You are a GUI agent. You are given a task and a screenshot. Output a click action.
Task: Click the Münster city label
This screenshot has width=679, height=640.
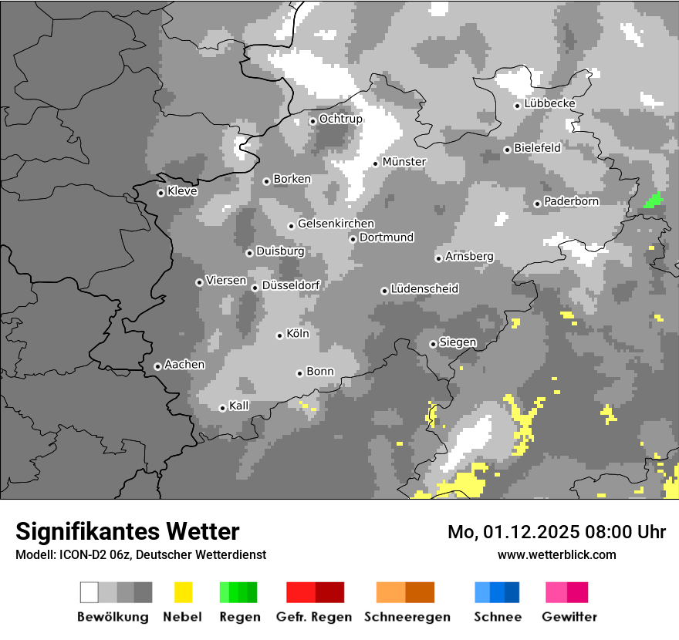coord(404,162)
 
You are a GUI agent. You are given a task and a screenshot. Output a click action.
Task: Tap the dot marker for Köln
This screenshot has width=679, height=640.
coord(280,335)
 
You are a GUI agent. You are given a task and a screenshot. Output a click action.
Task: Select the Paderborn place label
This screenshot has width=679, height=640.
coord(571,201)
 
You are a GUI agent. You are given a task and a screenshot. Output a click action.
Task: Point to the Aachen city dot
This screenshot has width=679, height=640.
coord(157,366)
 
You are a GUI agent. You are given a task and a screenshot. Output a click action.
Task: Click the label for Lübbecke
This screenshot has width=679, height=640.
coord(549,103)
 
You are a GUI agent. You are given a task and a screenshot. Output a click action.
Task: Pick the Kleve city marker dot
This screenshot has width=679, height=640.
coord(160,193)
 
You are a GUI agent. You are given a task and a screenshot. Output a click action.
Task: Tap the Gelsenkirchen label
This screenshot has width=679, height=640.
coord(336,224)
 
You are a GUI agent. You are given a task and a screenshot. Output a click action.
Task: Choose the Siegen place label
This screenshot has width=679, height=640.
coord(458,342)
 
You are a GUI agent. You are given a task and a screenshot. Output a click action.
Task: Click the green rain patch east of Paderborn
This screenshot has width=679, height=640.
coord(654,200)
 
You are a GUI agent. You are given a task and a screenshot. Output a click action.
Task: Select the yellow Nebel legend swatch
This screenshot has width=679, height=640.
coord(183,592)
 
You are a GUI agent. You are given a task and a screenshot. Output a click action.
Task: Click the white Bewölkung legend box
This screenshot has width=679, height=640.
coord(89,592)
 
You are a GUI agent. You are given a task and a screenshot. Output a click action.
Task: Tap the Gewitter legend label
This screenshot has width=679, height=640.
coord(569,617)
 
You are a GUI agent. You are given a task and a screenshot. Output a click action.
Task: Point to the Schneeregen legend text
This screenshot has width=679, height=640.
coord(407,617)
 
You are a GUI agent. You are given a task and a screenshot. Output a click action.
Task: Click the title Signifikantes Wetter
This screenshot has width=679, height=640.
coord(127,531)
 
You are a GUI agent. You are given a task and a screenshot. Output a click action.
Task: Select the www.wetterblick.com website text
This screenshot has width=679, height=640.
coord(556,554)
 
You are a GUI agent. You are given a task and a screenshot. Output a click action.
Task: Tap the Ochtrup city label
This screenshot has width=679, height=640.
coord(340,119)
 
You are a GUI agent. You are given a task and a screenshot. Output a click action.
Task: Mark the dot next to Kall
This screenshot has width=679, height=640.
coord(222,408)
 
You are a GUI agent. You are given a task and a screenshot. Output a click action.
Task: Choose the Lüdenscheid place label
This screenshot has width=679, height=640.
coord(424,288)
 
